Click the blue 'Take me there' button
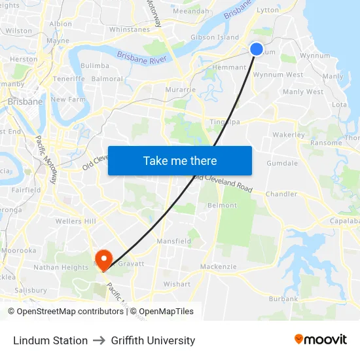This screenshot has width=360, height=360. pos(180,160)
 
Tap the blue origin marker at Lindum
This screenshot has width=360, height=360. pos(257,49)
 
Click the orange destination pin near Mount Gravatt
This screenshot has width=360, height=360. pos(103,257)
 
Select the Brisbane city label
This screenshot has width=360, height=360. pos(25,101)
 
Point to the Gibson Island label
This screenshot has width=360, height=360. pos(214,37)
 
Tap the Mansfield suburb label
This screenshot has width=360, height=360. pos(173,241)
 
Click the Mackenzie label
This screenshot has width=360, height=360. pos(218,266)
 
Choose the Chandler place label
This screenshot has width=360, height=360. pos(281,194)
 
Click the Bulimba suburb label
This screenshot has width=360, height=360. pos(95,65)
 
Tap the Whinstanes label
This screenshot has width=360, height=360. pos(130,29)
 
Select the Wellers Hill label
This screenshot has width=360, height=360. pos(75,221)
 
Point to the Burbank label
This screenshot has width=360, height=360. pos(283,298)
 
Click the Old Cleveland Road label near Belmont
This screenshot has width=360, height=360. pos(223,183)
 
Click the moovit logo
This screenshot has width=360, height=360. pos(320,340)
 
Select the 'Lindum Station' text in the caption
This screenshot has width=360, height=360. pos(50,340)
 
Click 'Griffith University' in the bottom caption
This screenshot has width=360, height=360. pos(153,340)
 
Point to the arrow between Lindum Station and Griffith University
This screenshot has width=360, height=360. pos(99,340)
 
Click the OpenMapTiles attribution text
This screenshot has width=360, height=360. pos(166,312)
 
